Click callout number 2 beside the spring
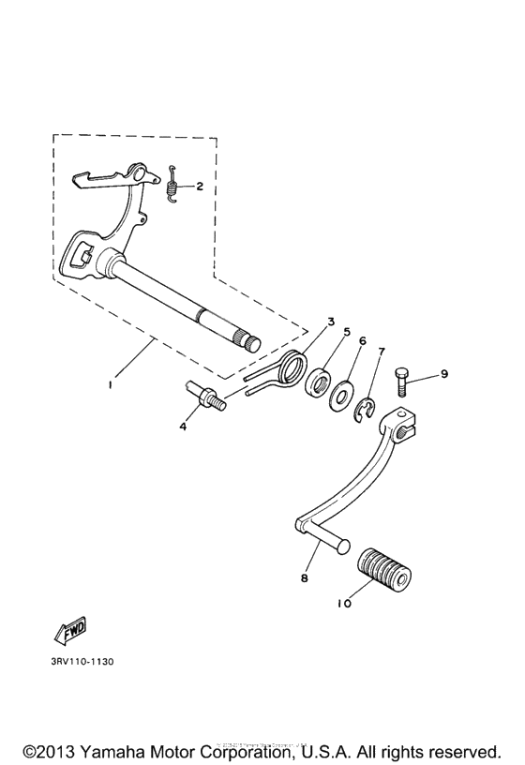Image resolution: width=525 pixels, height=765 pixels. pos(200,186)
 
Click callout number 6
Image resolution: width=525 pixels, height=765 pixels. pos(362,342)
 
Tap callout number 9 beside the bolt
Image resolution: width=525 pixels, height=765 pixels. pos(444,373)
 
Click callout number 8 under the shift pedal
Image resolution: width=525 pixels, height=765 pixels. pos(304,579)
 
